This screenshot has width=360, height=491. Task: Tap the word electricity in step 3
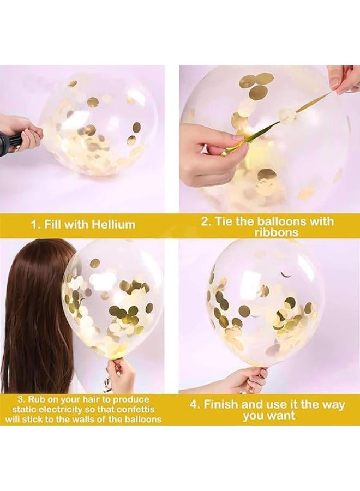coord(64,410)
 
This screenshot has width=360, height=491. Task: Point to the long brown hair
coord(33,316)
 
